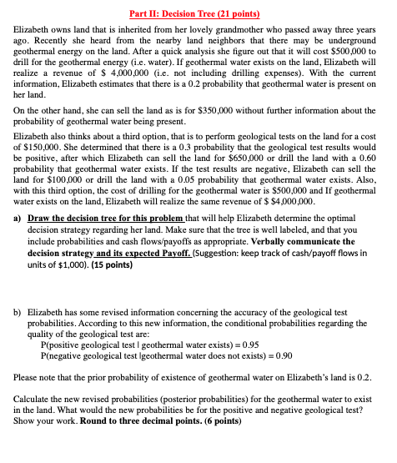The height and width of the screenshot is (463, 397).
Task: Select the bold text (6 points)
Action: coord(218,421)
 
